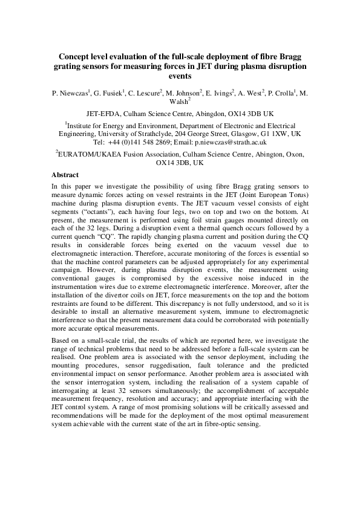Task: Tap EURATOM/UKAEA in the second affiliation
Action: [87, 155]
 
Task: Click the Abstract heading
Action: [67, 174]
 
